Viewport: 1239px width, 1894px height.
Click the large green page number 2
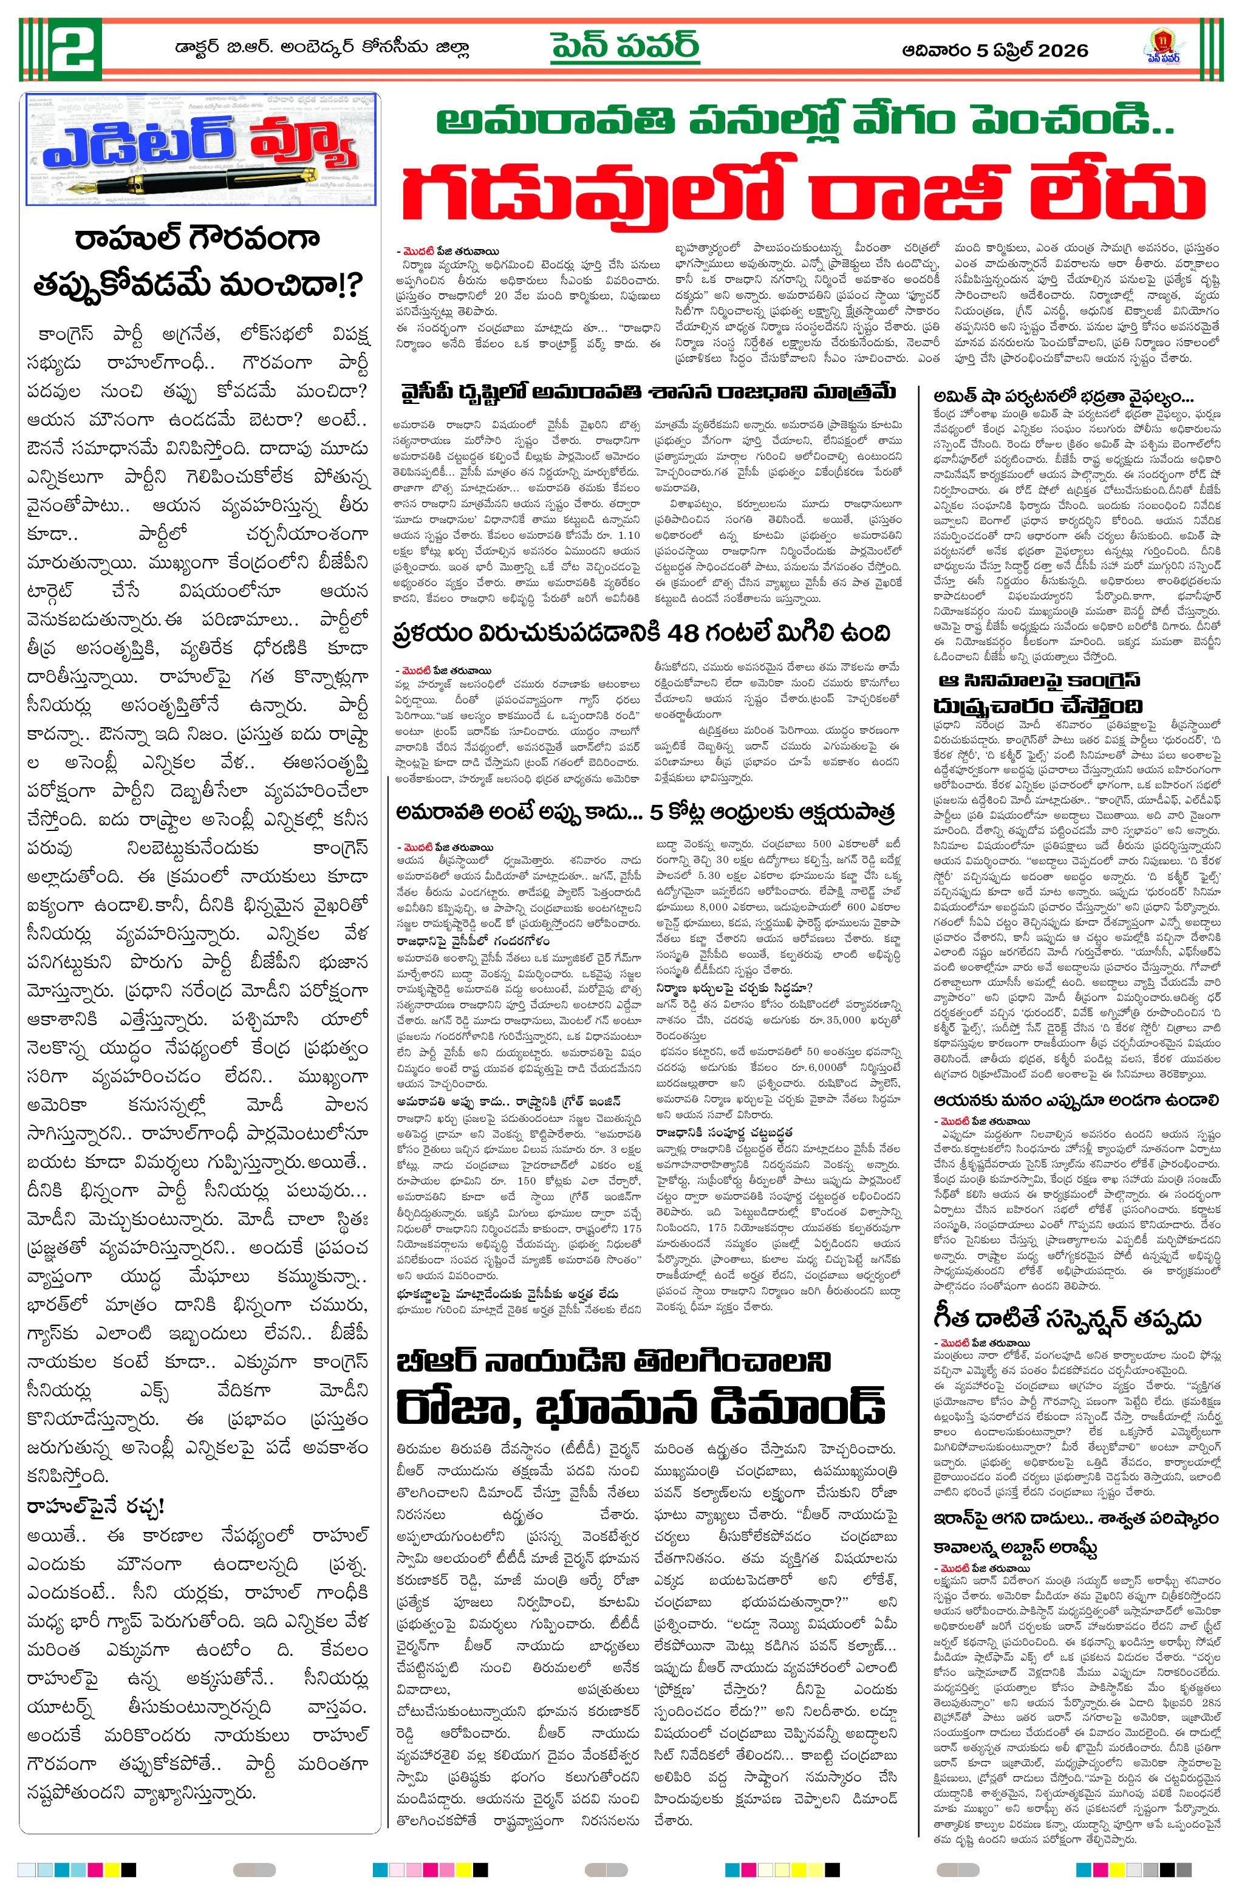pyautogui.click(x=75, y=49)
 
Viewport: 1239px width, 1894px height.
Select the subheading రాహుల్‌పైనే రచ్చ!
pyautogui.click(x=95, y=1506)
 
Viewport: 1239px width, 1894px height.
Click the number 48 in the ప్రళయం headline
pyautogui.click(x=683, y=634)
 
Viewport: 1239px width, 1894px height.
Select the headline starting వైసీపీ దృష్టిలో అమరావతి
pyautogui.click(x=649, y=392)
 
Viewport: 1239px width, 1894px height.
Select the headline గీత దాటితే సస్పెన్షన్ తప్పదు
pyautogui.click(x=1067, y=1319)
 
